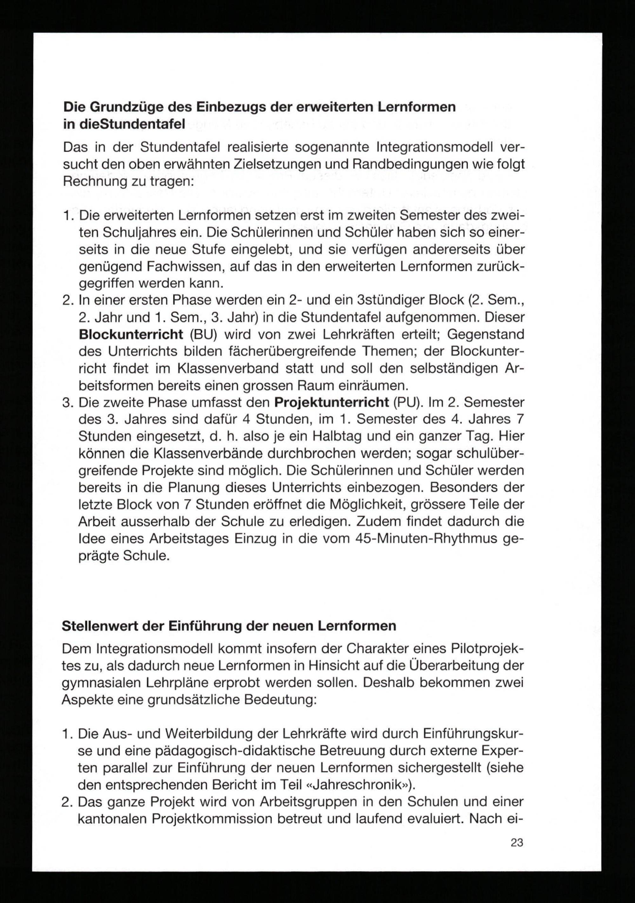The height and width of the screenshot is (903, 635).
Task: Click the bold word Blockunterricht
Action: [131, 334]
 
